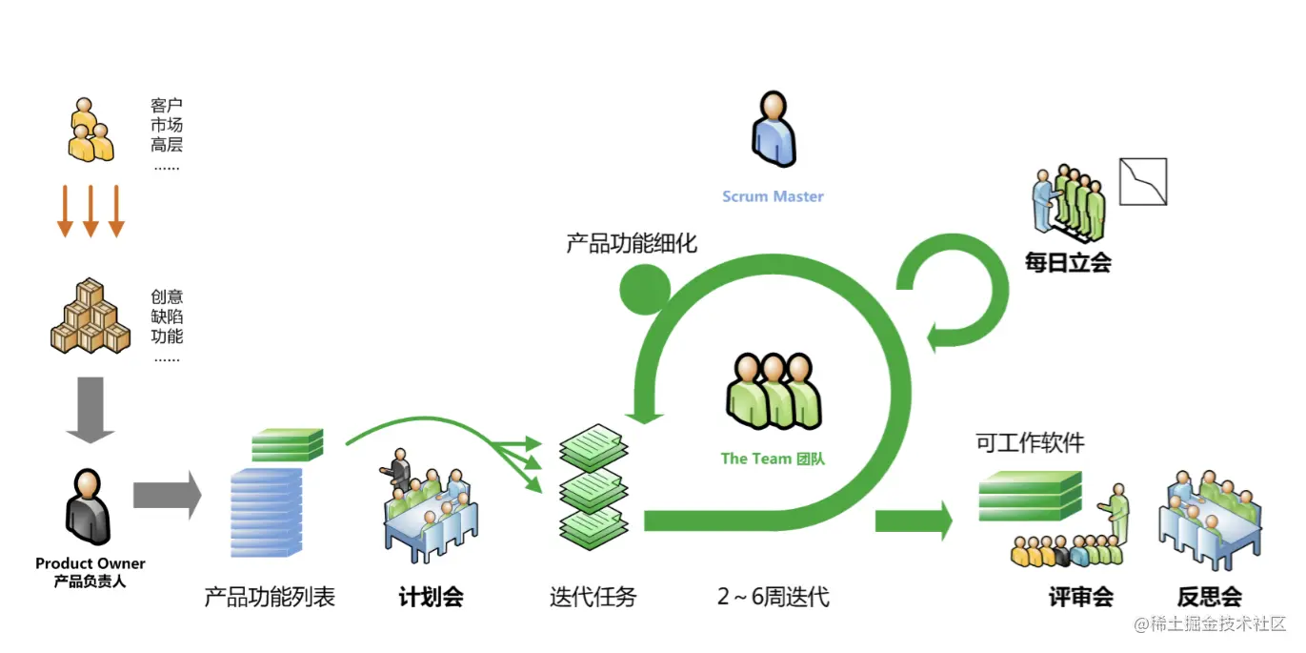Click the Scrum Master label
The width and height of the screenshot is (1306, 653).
point(773,196)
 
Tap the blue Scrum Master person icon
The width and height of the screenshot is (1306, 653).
point(773,130)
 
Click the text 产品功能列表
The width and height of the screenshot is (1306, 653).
point(270,598)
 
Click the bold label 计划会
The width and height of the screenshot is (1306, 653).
point(431,598)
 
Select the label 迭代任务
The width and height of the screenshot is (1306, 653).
point(593,598)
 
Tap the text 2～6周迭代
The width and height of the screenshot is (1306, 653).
point(773,598)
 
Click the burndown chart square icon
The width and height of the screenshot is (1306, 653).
point(1142,182)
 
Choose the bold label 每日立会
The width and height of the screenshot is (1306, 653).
point(1068,262)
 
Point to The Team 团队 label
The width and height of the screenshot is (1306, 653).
point(773,459)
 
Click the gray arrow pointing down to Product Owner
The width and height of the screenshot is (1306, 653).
point(90,409)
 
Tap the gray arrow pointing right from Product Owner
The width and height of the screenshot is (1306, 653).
point(167,496)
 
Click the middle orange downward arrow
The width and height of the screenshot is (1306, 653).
point(90,211)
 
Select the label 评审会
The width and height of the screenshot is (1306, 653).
point(1080,598)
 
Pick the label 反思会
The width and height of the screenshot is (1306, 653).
point(1209,598)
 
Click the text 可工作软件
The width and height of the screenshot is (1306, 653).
point(1030,442)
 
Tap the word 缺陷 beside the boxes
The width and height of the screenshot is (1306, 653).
point(167,316)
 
